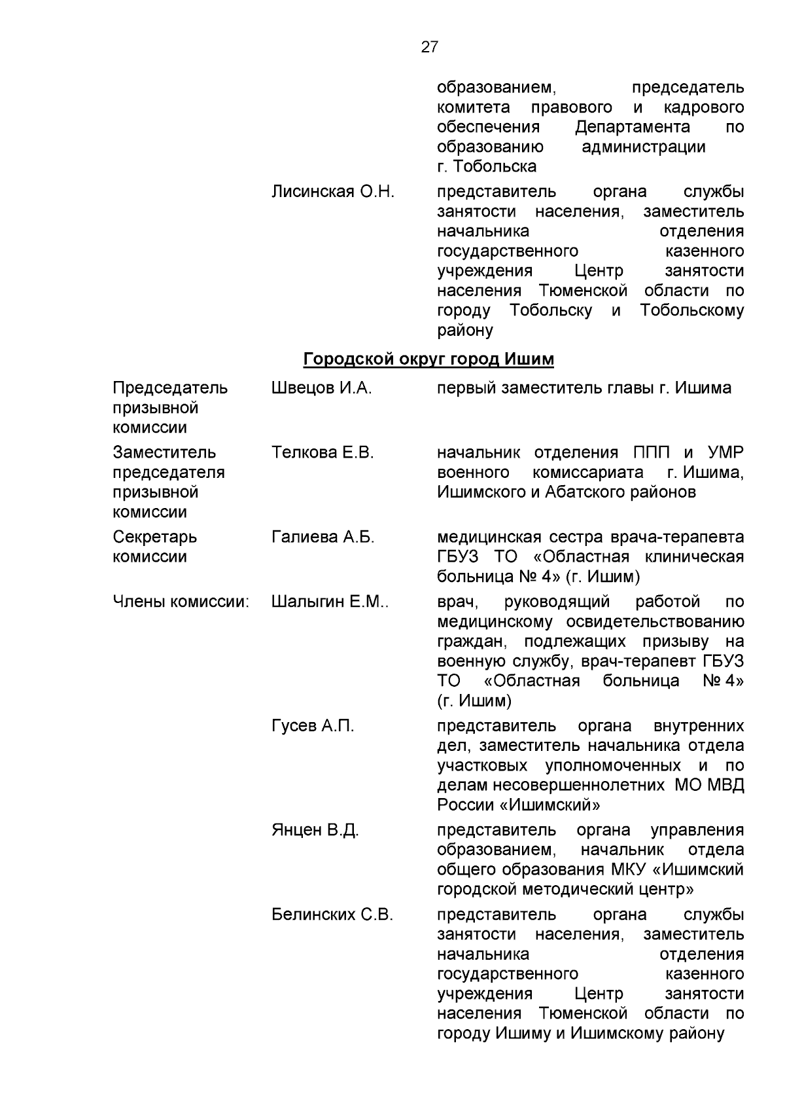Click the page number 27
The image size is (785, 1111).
point(429,47)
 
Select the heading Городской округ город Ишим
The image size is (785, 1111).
point(428,359)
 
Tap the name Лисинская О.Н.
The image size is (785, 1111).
point(333,192)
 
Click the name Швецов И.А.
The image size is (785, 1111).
point(321,388)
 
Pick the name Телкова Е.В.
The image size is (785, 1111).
point(323,452)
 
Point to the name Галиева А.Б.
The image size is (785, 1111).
point(323,537)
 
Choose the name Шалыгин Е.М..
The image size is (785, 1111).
point(329,602)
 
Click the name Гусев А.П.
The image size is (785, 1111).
point(313,726)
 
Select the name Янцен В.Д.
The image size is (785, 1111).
point(315,830)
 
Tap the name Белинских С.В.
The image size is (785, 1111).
point(332,915)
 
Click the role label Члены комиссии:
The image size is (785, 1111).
point(181,602)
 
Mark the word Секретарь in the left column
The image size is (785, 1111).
point(154,537)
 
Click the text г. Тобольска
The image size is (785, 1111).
point(487,166)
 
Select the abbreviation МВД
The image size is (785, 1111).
point(726,785)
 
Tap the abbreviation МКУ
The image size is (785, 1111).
point(629,869)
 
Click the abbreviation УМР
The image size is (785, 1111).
point(725,452)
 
